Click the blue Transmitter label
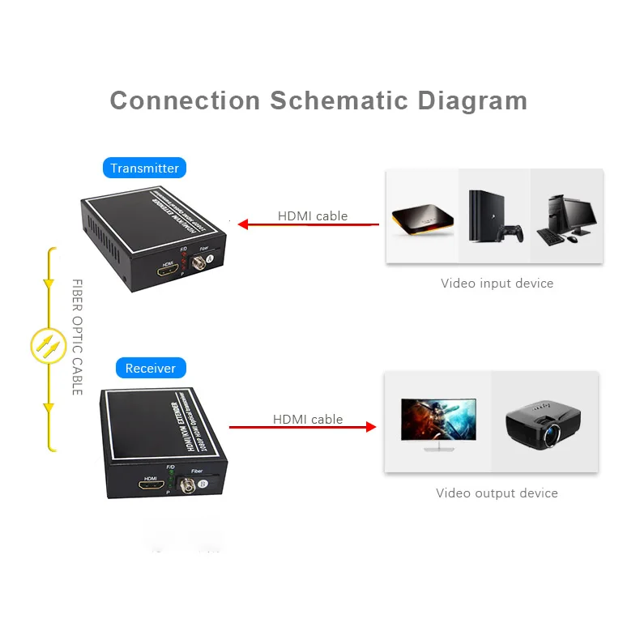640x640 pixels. [145, 169]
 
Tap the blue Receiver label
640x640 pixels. [151, 369]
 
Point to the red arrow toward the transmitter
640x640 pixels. [308, 224]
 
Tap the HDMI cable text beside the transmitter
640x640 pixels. [313, 215]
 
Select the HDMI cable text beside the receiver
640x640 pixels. [308, 419]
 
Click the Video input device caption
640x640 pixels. [497, 284]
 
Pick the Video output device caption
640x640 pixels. [497, 493]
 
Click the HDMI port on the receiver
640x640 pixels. [150, 487]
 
